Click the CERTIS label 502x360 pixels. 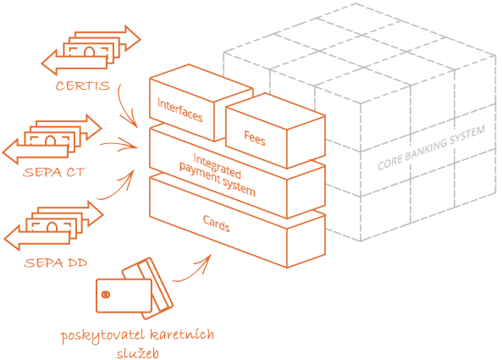83,86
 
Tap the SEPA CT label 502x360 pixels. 54,172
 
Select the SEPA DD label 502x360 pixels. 56,263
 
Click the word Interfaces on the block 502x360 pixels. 180,110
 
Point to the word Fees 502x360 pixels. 255,138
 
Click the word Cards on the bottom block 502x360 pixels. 217,224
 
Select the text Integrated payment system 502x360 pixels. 217,174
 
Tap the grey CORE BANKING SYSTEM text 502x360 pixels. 431,147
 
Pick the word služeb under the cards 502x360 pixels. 138,353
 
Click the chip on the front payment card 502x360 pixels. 105,294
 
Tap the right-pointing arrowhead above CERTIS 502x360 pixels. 132,39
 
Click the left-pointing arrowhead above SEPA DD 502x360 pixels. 12,238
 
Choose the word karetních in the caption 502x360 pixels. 182,335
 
